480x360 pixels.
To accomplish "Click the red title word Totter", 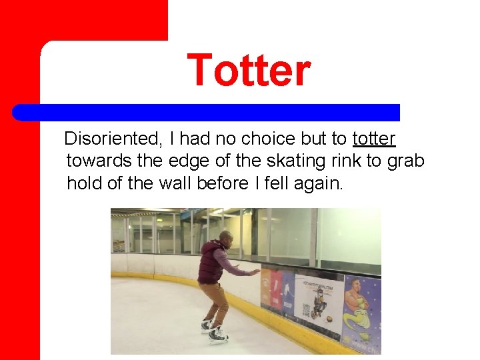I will (x=249, y=71).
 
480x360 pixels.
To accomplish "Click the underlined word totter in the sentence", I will (x=374, y=139).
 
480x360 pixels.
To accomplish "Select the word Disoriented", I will (x=113, y=139).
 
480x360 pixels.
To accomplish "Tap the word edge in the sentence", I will (x=186, y=161).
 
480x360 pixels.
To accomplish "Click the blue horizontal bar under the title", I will (x=207, y=112).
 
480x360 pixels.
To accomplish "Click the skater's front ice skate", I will (x=218, y=337).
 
